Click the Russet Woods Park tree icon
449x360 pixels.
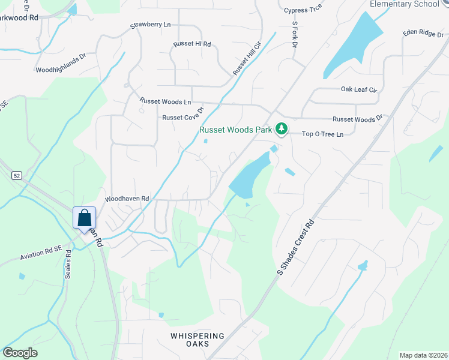(280, 128)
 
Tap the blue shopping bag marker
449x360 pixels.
(85, 218)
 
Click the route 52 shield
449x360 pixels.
(16, 175)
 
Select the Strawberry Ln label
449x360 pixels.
(151, 26)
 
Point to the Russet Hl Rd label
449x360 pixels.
(192, 44)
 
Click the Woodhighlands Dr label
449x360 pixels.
(61, 70)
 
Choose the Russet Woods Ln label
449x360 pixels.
(165, 101)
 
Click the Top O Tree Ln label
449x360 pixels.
(322, 134)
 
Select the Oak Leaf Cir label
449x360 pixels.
(359, 89)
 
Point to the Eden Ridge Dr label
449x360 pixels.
(423, 33)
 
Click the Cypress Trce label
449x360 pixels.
(304, 10)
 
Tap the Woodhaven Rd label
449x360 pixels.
(127, 198)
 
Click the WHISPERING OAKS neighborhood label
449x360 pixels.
(197, 340)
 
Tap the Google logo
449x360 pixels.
(20, 353)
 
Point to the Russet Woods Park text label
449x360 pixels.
(235, 129)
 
